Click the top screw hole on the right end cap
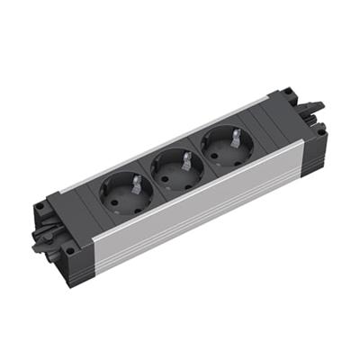point(286,92)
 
